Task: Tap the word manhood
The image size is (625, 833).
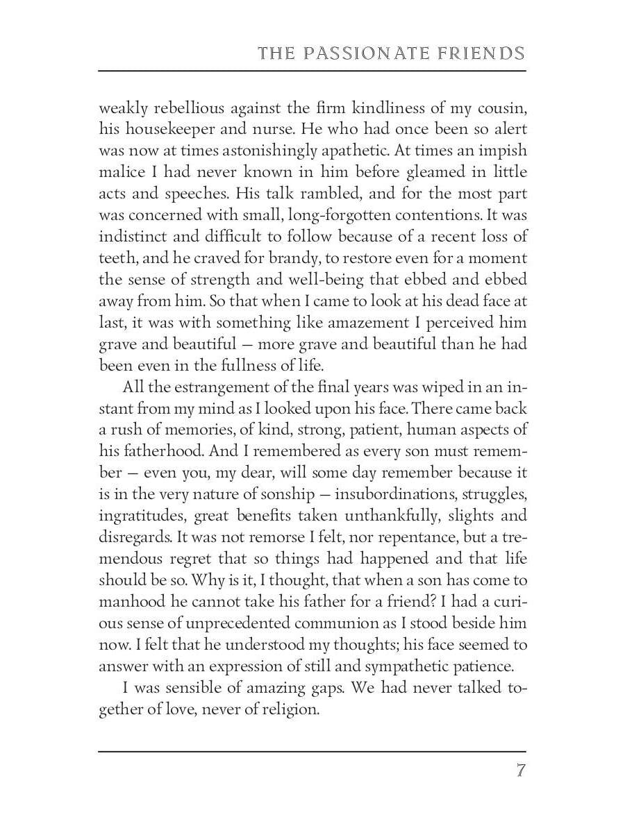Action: (131, 602)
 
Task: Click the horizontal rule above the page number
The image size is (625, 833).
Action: (312, 751)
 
